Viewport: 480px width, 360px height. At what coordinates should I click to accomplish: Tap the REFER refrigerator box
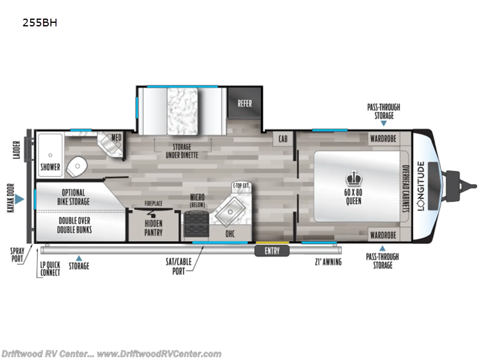[x=244, y=103]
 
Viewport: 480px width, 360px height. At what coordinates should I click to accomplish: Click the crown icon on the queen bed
[x=352, y=178]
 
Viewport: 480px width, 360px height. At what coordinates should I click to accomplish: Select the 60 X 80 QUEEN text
[x=352, y=197]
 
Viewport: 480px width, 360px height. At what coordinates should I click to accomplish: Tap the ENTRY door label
[x=272, y=251]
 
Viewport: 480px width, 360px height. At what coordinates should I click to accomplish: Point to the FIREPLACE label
[x=154, y=204]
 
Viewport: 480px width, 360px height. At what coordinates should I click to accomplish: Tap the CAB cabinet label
[x=281, y=139]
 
